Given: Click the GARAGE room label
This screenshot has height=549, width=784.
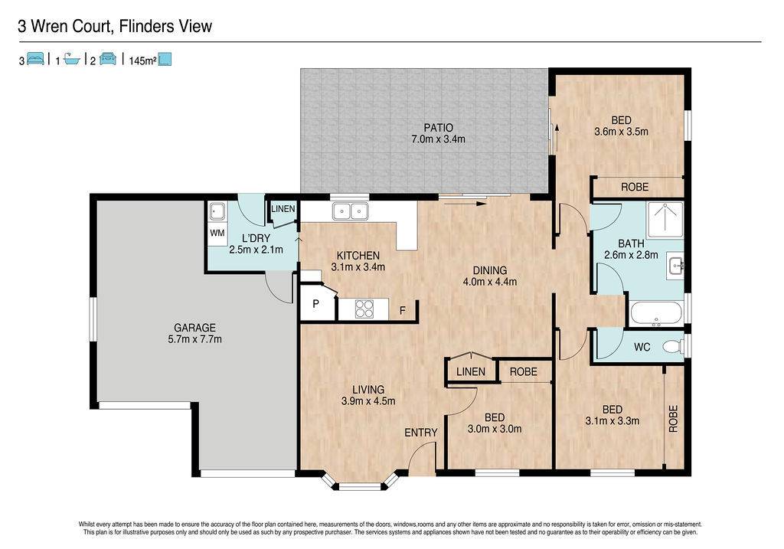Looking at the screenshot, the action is pos(194,328).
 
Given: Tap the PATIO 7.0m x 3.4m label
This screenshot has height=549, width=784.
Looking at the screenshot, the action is pos(438,133).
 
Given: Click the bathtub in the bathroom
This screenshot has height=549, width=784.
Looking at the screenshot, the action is pos(656,313).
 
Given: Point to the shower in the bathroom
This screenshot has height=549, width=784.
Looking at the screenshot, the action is pos(665,220).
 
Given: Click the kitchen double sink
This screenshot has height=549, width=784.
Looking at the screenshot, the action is pos(350,211).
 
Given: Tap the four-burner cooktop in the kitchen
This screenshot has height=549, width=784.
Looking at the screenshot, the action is pos(364,308).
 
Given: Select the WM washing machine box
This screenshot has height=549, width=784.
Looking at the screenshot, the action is pos(217,233).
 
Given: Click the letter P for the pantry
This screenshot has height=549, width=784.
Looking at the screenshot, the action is pos(316,303).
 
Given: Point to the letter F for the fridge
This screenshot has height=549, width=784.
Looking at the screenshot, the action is pos(403,311).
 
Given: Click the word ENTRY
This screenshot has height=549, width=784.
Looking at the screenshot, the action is pos(420,433).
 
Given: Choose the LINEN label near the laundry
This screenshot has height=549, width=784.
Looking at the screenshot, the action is pos(283,208).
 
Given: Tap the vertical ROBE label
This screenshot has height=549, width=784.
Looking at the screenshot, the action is pos(673,418).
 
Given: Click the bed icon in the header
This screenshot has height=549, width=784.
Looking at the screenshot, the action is pos(35,59).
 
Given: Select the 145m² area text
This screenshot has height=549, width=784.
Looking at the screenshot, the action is pos(142,61).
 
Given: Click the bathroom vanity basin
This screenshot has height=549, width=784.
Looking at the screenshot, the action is pos(677,264).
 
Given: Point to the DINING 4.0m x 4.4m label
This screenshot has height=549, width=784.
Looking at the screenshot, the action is pos(490,276).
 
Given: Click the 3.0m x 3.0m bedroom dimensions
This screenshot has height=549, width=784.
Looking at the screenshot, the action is pos(495,429).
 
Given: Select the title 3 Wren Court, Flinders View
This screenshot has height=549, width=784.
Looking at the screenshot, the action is pos(115,26).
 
